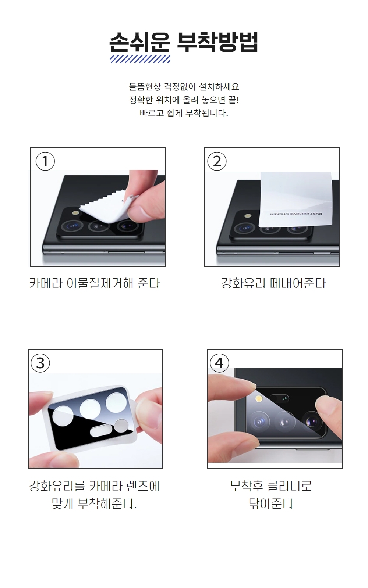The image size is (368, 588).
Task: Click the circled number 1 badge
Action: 45,161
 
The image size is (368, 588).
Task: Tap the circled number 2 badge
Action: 217,161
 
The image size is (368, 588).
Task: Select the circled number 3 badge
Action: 40,363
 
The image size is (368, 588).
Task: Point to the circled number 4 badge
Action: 219,363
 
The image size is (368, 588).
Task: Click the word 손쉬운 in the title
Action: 140,42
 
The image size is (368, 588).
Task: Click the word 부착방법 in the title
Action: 217,42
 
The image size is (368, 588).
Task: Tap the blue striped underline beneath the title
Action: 140,59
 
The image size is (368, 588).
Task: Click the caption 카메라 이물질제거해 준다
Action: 95,283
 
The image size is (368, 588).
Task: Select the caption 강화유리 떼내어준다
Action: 274,283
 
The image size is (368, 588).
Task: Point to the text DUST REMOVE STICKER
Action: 296,214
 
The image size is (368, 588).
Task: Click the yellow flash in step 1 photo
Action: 77,213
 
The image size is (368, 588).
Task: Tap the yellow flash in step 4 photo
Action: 259,399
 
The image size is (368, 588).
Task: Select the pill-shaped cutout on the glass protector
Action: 101,431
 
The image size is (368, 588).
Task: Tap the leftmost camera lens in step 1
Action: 72,226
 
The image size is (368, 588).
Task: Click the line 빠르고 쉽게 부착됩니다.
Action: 184,113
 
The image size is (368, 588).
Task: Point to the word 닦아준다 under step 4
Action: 271,503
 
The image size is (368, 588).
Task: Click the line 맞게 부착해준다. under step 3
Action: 94,503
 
